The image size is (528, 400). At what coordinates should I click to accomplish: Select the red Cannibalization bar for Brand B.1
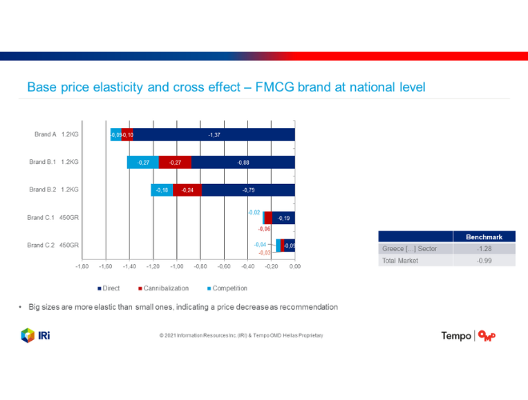coord(175,162)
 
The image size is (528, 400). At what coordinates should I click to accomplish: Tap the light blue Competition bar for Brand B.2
coord(162,190)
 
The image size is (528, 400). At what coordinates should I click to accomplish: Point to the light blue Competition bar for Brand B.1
coord(143,162)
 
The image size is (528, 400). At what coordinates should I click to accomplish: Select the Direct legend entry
coord(109,288)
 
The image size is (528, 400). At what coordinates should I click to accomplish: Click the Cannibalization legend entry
coord(164,288)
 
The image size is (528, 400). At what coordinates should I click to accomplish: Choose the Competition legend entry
coord(227,288)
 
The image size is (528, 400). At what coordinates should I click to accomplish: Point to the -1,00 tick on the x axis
coord(177,266)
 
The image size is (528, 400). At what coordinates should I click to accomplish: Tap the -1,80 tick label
coord(82,266)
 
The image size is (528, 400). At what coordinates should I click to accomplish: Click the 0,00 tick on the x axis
coord(295,266)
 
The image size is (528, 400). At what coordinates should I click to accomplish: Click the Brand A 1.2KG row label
coord(56,134)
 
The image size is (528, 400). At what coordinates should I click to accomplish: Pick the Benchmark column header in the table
coord(483,237)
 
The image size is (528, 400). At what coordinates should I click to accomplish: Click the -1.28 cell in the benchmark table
coord(483,249)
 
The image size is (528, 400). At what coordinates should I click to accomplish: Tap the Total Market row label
coord(399,261)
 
